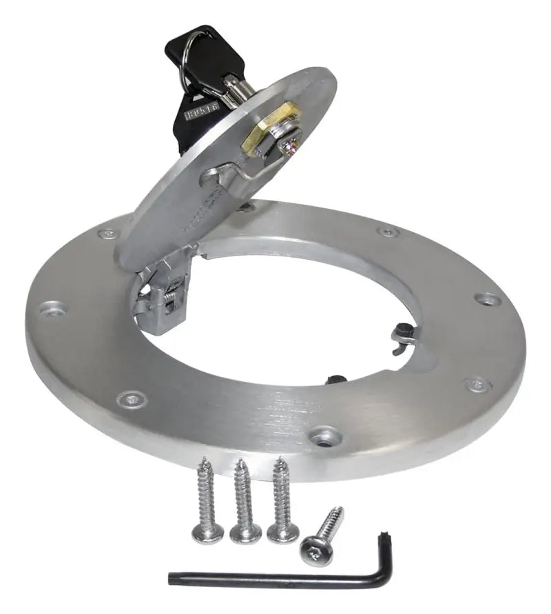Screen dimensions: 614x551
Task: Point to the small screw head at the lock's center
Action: pyautogui.click(x=293, y=145)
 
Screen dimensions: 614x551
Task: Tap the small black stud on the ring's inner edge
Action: pyautogui.click(x=337, y=378)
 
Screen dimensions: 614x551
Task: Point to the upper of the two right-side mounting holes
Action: pyautogui.click(x=488, y=299)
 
